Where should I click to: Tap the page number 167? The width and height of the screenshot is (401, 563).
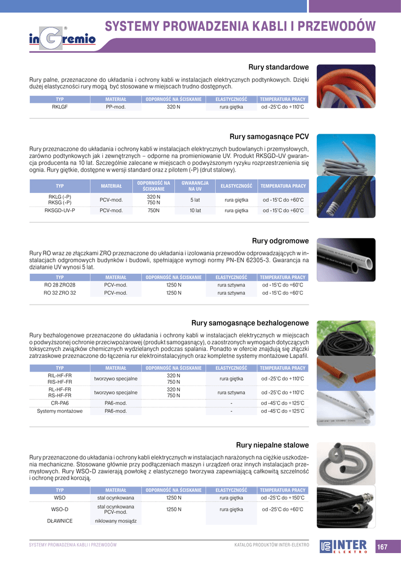(x=382, y=547)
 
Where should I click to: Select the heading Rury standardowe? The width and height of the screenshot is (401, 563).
(x=278, y=67)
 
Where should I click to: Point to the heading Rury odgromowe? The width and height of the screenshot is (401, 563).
(x=281, y=241)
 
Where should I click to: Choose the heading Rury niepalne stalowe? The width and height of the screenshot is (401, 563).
(x=272, y=445)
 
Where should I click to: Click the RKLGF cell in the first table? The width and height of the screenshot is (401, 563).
(x=59, y=107)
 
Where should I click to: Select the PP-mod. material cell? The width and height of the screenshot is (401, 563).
(x=116, y=107)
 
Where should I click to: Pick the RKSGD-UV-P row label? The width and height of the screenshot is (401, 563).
(x=59, y=211)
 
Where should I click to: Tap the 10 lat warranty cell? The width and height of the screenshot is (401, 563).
(x=195, y=211)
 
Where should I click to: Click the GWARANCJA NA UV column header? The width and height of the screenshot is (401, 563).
(x=195, y=186)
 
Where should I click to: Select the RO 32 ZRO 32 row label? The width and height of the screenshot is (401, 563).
(x=59, y=293)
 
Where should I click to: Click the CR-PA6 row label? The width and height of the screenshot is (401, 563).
(x=59, y=403)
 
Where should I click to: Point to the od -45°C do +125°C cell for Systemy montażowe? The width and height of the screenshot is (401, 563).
(x=283, y=411)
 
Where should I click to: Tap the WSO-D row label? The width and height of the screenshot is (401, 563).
(x=59, y=509)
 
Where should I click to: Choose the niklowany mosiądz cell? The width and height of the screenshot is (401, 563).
(x=116, y=520)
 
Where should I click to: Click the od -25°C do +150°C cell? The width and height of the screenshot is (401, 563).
(x=283, y=498)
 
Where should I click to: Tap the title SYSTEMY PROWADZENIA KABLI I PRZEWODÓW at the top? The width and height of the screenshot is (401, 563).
(x=240, y=26)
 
